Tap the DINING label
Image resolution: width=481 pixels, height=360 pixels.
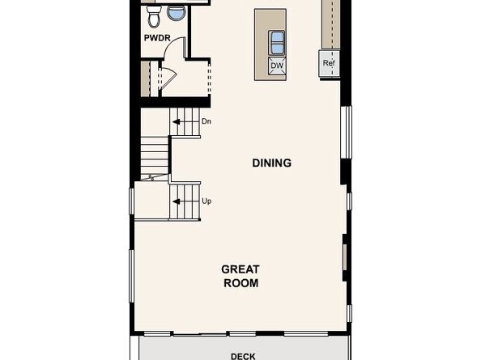coord(271,163)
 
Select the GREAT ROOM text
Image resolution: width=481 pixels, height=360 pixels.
coord(240,276)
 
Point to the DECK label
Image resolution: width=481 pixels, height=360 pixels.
coord(243,355)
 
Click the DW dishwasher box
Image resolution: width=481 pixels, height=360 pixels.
coord(276,66)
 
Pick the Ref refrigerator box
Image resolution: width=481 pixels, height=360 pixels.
coord(329,63)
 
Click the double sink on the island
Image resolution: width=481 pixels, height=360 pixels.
coord(276,40)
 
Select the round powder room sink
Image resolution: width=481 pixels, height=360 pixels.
coord(175,11)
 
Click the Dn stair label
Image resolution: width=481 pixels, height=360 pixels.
coord(206,121)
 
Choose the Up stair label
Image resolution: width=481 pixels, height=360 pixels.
coord(206,200)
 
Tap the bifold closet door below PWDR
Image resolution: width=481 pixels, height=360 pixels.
coord(167,78)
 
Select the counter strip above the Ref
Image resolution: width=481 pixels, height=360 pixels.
coord(330,24)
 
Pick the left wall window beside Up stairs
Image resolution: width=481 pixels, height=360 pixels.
coord(131,201)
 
